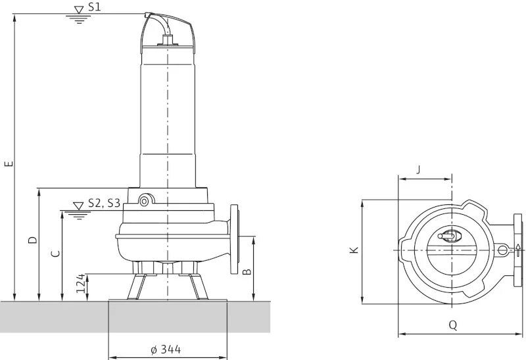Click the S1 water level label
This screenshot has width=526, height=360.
point(94,7)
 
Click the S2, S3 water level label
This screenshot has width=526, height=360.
point(104,203)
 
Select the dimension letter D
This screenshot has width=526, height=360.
point(32,240)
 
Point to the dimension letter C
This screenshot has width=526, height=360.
point(56,254)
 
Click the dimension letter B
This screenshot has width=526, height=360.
point(247,271)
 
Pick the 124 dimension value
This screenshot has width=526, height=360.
point(81,284)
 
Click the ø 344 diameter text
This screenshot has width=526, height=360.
point(166,349)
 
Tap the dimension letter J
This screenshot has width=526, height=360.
point(418,170)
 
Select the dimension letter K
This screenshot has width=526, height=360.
point(354,250)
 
